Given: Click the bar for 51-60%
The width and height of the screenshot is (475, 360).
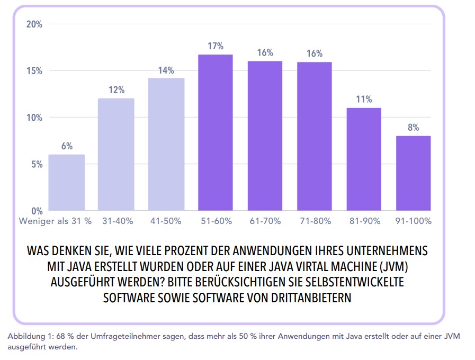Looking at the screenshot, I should [215, 132].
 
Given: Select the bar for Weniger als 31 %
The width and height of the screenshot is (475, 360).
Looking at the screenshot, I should [67, 182].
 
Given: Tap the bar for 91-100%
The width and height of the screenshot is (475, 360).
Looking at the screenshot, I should [413, 173].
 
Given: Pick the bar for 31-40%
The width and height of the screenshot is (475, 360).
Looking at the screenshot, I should [116, 154].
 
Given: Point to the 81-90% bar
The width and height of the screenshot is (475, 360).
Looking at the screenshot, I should [364, 159].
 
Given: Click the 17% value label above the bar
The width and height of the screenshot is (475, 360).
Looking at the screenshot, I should [216, 46].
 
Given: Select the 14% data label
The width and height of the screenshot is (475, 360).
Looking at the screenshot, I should [166, 70].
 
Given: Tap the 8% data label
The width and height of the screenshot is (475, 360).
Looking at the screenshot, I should [414, 128].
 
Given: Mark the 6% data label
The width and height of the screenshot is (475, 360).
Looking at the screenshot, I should [67, 147].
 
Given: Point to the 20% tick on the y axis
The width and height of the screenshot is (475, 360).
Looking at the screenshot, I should [34, 24].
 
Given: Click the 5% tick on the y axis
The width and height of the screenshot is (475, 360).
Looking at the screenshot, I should [36, 164].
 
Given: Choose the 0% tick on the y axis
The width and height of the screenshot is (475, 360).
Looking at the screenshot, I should [36, 211].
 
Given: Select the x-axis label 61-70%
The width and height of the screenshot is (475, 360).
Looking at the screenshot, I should [265, 221].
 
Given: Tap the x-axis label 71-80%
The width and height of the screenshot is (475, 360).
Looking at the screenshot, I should [315, 221].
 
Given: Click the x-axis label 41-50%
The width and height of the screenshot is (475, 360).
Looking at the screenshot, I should [166, 221].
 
